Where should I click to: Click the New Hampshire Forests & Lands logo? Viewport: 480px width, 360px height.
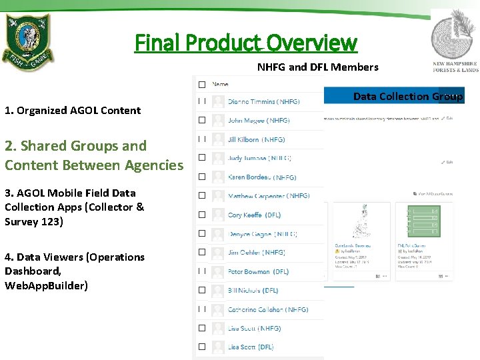tap(455, 41)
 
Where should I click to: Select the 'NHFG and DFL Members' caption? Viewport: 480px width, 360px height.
tap(317, 67)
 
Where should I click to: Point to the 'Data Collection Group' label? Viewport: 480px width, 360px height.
tap(407, 97)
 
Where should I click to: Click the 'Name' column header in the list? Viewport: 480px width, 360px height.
tap(220, 85)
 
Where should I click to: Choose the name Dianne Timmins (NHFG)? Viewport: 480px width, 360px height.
tap(263, 102)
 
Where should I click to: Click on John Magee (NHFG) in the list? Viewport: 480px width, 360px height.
tap(258, 121)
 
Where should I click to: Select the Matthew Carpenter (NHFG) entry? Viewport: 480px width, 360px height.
tap(268, 196)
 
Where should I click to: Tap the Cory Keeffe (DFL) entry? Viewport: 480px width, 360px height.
tap(254, 215)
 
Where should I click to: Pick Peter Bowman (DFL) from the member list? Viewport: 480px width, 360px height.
tap(258, 271)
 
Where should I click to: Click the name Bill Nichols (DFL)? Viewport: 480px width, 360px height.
tap(253, 291)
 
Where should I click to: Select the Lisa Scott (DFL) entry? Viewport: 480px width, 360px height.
tap(251, 347)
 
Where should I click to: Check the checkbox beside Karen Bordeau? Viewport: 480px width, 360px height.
tap(201, 177)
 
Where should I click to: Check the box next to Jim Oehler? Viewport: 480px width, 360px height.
tap(201, 253)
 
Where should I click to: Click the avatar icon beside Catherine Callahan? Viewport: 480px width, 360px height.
tap(218, 309)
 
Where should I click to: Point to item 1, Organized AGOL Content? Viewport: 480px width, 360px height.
tap(73, 111)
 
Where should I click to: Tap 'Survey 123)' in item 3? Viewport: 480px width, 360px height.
tap(34, 221)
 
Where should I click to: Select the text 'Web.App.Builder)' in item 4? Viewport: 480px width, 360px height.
tap(46, 286)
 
